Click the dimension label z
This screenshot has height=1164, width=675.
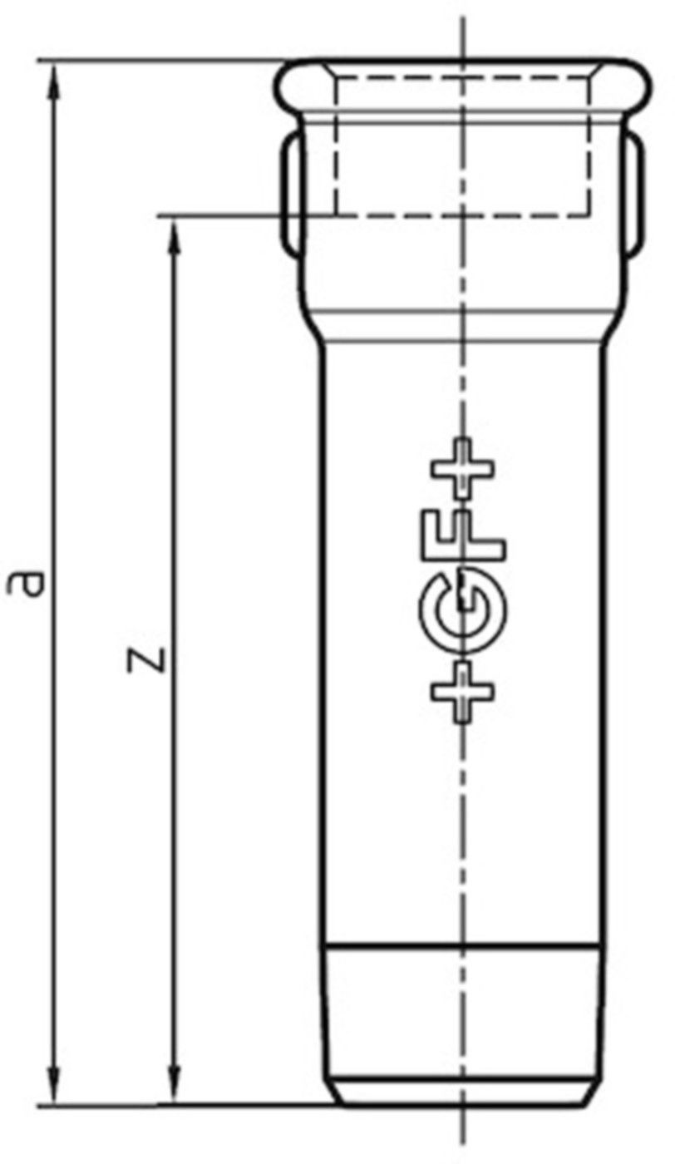tap(146, 659)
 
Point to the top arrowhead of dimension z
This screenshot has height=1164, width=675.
tap(174, 233)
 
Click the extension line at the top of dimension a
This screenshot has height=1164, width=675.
tap(166, 61)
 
